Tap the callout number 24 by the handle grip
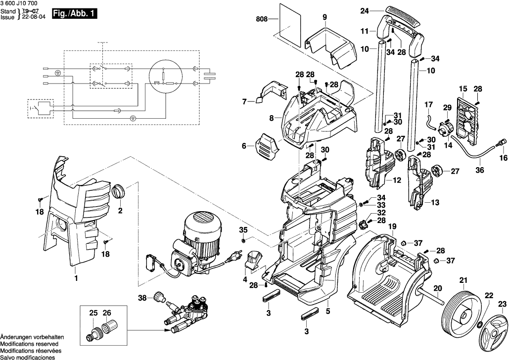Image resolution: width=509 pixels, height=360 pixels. click(365, 10)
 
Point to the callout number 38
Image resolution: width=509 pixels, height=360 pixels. click(142, 298)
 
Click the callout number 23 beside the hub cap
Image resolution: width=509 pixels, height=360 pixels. click(502, 304)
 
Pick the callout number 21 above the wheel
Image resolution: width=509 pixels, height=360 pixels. click(463, 281)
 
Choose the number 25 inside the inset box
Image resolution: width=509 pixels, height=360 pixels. click(93, 313)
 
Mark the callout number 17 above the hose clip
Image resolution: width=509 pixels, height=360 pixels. click(428, 104)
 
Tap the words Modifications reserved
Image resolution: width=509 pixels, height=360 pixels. click(29, 344)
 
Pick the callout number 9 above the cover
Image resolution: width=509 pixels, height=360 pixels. click(324, 18)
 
